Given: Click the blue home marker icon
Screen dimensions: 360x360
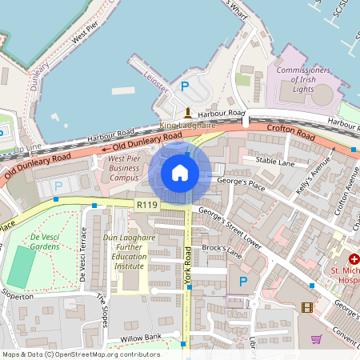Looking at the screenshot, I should pyautogui.click(x=180, y=172).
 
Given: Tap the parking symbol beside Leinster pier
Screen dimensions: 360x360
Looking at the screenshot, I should pyautogui.click(x=185, y=86).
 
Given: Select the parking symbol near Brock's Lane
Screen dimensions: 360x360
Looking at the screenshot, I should pyautogui.click(x=243, y=281).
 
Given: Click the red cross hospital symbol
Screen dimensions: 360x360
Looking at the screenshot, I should pyautogui.click(x=354, y=261).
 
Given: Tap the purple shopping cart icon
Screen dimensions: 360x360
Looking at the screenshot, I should pyautogui.click(x=316, y=339).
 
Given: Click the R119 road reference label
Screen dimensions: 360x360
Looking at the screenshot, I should pyautogui.click(x=146, y=206).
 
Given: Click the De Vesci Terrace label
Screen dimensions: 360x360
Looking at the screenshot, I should pyautogui.click(x=82, y=254).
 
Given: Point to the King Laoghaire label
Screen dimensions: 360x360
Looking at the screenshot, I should pyautogui.click(x=187, y=126).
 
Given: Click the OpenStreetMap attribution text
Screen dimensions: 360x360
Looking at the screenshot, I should pyautogui.click(x=80, y=354).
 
